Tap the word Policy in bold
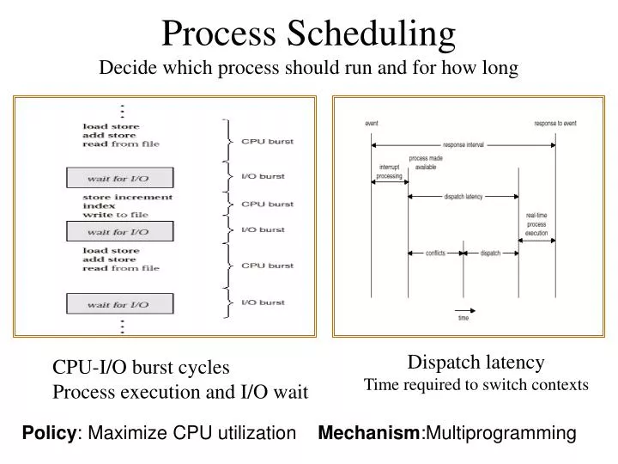48,433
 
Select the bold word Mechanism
368,433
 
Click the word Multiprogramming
500,433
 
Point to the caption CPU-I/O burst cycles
142,368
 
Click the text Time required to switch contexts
476,385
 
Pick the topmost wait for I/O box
120,178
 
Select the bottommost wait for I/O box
120,303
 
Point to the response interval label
463,144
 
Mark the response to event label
555,124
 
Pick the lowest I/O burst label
264,303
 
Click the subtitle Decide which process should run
309,69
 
